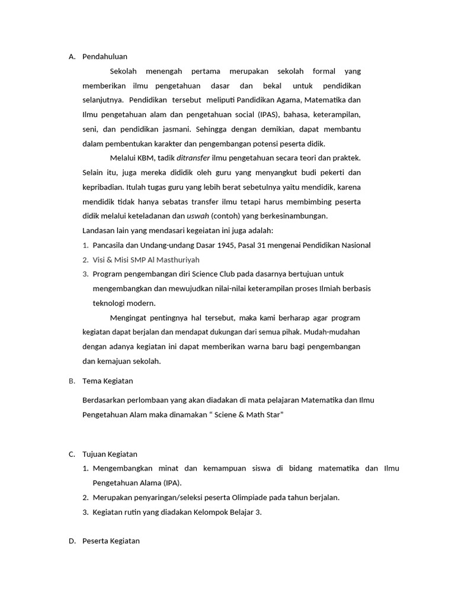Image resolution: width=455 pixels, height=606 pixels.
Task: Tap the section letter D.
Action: [71, 541]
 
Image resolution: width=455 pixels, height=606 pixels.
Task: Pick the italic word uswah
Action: [197, 216]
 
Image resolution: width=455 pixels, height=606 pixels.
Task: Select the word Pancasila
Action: [112, 245]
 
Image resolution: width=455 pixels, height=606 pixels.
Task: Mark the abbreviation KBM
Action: [146, 158]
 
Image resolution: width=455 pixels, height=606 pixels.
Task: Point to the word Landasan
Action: [98, 231]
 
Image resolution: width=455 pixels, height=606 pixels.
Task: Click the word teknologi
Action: [111, 303]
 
